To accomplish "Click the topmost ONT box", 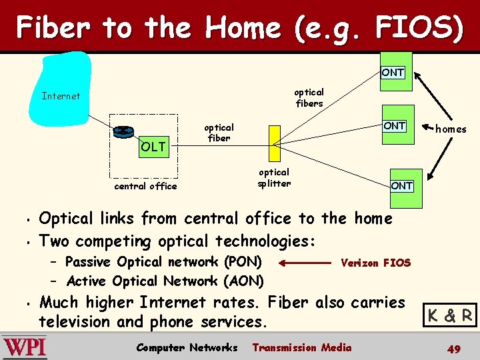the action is pyautogui.click(x=393, y=72).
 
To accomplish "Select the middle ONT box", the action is pyautogui.click(x=394, y=125).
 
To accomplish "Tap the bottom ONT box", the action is pyautogui.click(x=401, y=185).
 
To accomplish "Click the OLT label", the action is pyautogui.click(x=153, y=147).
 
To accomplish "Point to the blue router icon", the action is pyautogui.click(x=123, y=131).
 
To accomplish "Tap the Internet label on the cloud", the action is pyautogui.click(x=61, y=96).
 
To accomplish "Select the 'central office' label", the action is pyautogui.click(x=145, y=186).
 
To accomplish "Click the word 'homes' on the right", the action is pyautogui.click(x=451, y=129).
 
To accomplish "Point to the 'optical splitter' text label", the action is pyautogui.click(x=274, y=177).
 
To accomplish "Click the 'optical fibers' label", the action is pyautogui.click(x=309, y=97).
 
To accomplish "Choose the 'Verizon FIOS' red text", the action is pyautogui.click(x=375, y=263).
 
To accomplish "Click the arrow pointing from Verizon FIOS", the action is pyautogui.click(x=304, y=263).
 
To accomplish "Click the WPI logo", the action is pyautogui.click(x=24, y=348).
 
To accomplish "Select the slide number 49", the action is pyautogui.click(x=453, y=349).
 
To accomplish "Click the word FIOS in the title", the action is pyautogui.click(x=418, y=28).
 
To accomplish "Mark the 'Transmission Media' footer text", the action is pyautogui.click(x=302, y=347).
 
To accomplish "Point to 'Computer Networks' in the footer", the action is pyautogui.click(x=187, y=347).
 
